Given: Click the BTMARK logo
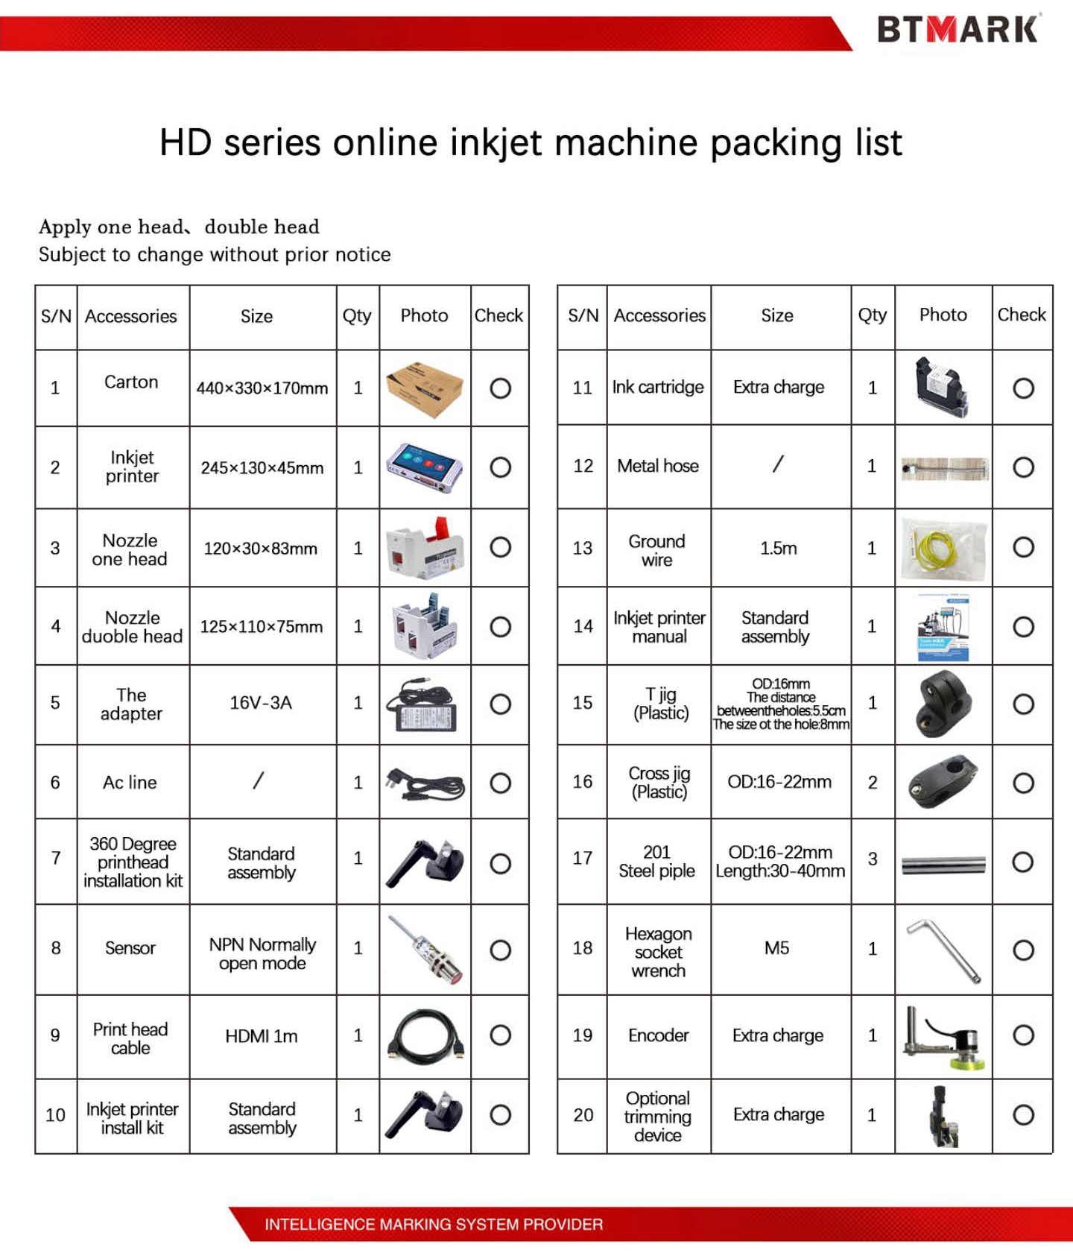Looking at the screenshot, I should coord(958,30).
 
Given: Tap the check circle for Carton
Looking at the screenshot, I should coord(500,388).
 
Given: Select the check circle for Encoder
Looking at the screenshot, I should coord(1023,1035).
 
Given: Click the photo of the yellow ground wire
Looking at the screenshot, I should coord(943,549).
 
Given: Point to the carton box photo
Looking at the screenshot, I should coord(425,388).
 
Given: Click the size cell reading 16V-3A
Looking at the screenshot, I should coord(261,703).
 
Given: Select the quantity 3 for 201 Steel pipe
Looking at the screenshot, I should coord(873,859).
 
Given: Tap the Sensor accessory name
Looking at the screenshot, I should coord(130,948).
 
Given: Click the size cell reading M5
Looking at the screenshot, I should coord(776,948).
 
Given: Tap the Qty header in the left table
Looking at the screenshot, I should coord(357,316).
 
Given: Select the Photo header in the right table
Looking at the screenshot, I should coord(943,315).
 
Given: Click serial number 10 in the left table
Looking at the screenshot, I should coord(55,1115).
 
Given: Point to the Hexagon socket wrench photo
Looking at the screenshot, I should coord(943,950).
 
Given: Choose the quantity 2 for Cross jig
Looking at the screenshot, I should coord(873,783).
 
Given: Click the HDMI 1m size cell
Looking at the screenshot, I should coord(262,1036).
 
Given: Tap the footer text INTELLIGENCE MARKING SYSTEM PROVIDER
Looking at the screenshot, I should coord(434,1224).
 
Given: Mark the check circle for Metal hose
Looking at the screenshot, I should coord(1023,467).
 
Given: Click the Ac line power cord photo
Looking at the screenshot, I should coord(425,783).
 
